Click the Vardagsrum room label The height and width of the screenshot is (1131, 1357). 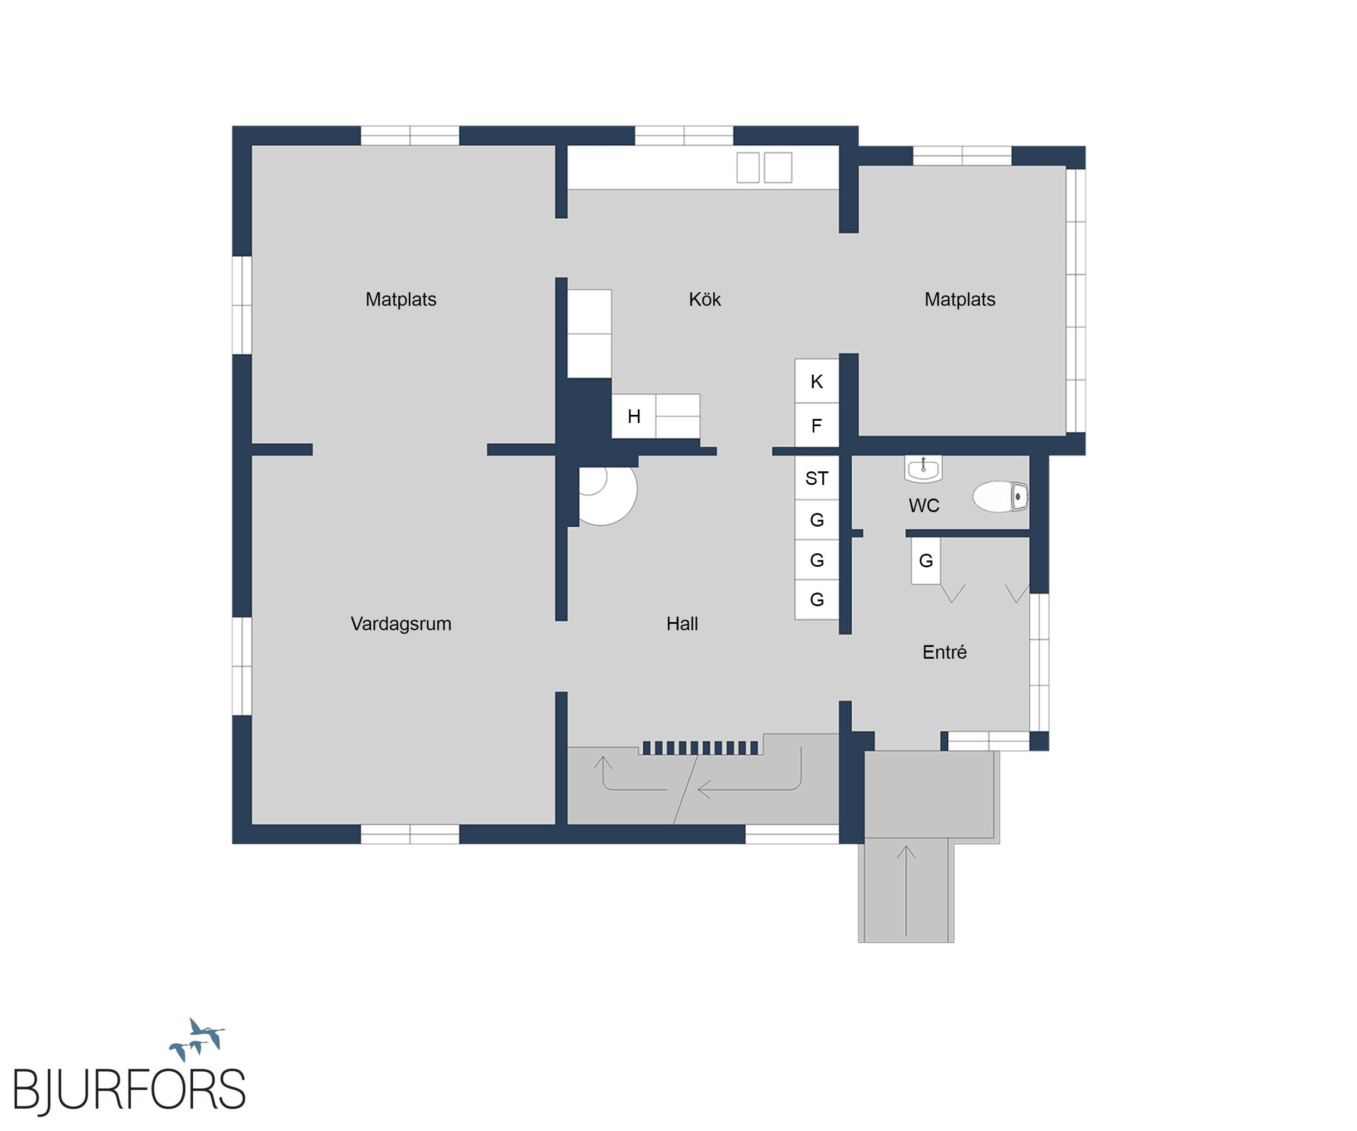click(401, 624)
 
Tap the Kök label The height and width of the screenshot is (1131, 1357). click(705, 299)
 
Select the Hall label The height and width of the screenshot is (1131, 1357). click(682, 624)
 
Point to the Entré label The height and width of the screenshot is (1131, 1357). click(944, 652)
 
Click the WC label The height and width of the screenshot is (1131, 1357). click(924, 506)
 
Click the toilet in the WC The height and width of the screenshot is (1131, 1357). click(1000, 496)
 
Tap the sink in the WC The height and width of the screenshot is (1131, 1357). click(923, 469)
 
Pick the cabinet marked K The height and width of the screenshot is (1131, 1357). click(817, 381)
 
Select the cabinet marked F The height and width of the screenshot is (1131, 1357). click(817, 425)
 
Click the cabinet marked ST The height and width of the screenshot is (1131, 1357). click(817, 478)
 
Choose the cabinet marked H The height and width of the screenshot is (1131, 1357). click(634, 416)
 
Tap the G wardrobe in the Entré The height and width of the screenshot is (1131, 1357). click(925, 561)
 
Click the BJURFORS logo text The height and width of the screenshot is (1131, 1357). click(129, 1090)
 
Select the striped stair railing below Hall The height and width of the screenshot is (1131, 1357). click(700, 748)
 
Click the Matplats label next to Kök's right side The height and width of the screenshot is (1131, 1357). click(960, 299)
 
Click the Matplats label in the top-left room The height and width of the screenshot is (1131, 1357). click(401, 299)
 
